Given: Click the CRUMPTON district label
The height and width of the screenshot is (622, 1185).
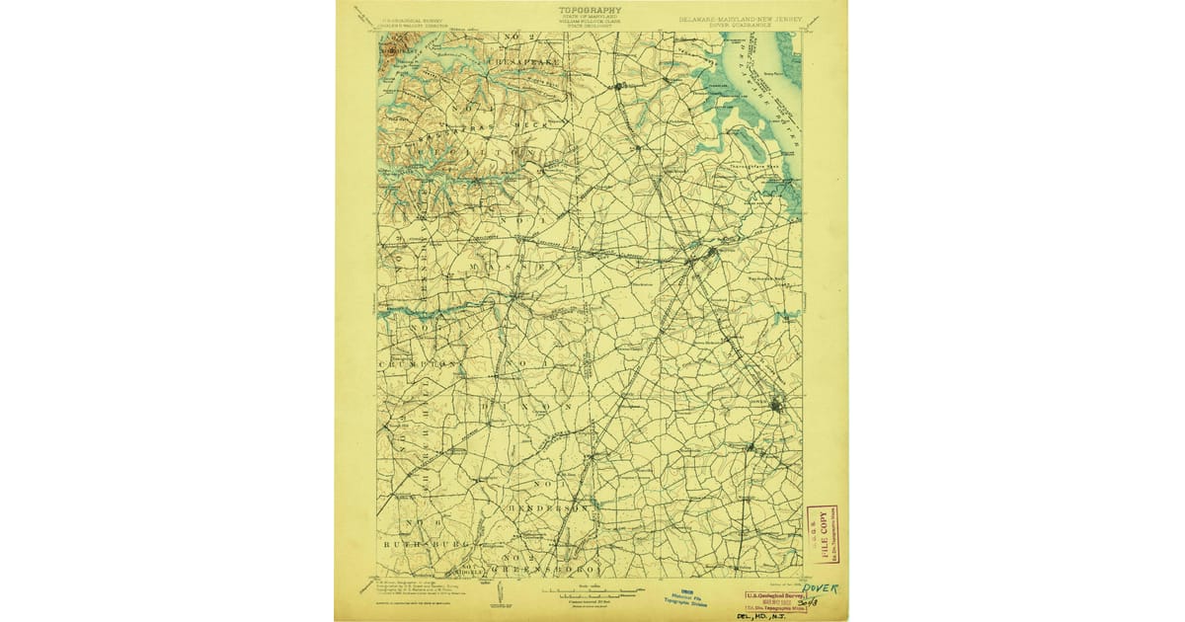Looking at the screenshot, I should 419,364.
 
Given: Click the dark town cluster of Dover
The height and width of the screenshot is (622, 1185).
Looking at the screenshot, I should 777,405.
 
